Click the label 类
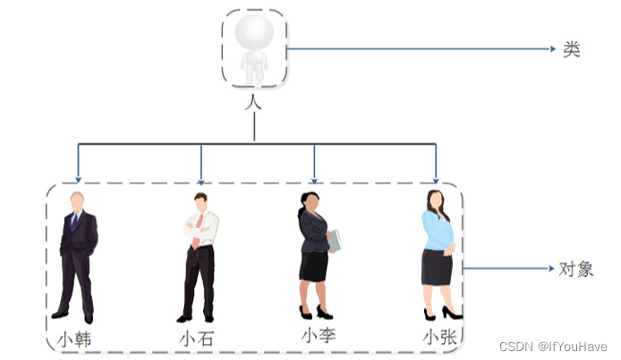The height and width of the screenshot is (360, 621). pyautogui.click(x=572, y=50)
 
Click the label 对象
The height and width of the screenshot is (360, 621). pyautogui.click(x=576, y=268)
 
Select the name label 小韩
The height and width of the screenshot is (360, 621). pyautogui.click(x=75, y=339)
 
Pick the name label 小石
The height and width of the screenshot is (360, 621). pyautogui.click(x=196, y=339)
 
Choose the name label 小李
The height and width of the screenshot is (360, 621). pyautogui.click(x=318, y=336)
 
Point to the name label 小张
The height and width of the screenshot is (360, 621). pyautogui.click(x=440, y=338)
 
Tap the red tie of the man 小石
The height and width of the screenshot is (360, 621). pyautogui.click(x=198, y=229)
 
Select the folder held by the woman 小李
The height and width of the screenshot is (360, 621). pyautogui.click(x=335, y=240)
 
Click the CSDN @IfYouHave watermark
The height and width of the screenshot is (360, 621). pyautogui.click(x=553, y=347)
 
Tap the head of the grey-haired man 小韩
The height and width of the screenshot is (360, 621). pyautogui.click(x=78, y=201)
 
